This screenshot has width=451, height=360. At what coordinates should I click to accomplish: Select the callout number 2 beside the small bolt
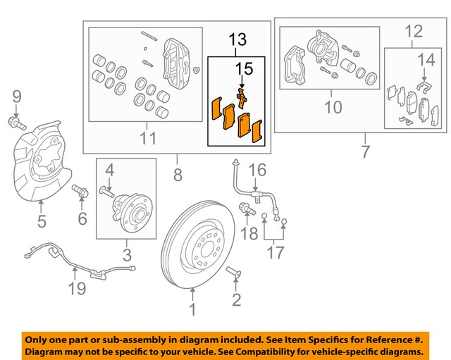click(x=236, y=301)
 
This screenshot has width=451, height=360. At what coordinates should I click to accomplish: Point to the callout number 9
click(x=18, y=96)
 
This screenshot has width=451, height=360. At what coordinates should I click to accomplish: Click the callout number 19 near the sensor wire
click(x=76, y=287)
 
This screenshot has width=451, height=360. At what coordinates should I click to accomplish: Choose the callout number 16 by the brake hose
click(x=258, y=170)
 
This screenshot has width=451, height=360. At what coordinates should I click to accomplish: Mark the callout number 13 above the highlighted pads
click(x=237, y=41)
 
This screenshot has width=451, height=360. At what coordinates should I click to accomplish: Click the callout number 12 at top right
click(x=414, y=30)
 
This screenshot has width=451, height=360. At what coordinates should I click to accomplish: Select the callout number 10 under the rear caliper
click(x=332, y=107)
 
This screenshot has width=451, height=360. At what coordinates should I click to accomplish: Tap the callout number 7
click(x=364, y=151)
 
